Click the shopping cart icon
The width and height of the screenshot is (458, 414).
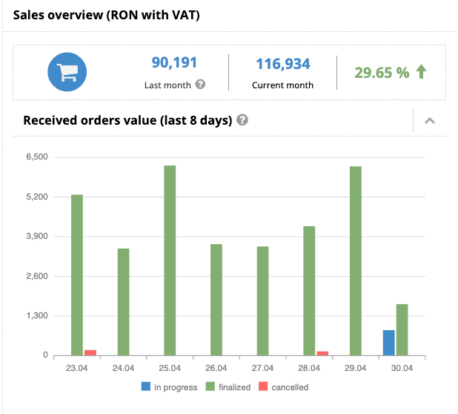click(x=67, y=72)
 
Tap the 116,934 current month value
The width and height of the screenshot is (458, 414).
click(x=282, y=65)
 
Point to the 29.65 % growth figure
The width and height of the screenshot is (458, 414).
click(x=381, y=73)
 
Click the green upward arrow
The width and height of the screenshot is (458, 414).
click(x=422, y=72)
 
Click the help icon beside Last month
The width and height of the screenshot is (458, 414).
click(x=200, y=85)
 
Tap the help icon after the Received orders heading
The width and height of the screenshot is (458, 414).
click(x=242, y=120)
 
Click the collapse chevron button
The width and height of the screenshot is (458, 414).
click(x=430, y=121)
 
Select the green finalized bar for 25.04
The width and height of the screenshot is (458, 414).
click(x=170, y=260)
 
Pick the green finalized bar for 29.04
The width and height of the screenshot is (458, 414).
click(x=356, y=260)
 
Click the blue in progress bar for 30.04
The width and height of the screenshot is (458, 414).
click(x=388, y=343)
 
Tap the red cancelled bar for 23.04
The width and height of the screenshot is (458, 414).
click(x=90, y=352)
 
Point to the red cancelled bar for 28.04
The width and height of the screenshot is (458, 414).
click(x=322, y=353)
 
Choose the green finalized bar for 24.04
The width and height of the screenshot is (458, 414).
click(x=123, y=301)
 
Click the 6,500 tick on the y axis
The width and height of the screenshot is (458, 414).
click(x=36, y=157)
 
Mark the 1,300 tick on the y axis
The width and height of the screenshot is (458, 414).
click(x=36, y=316)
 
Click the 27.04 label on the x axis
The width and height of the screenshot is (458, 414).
click(x=263, y=368)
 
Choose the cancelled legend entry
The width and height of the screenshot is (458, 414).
click(x=283, y=387)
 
